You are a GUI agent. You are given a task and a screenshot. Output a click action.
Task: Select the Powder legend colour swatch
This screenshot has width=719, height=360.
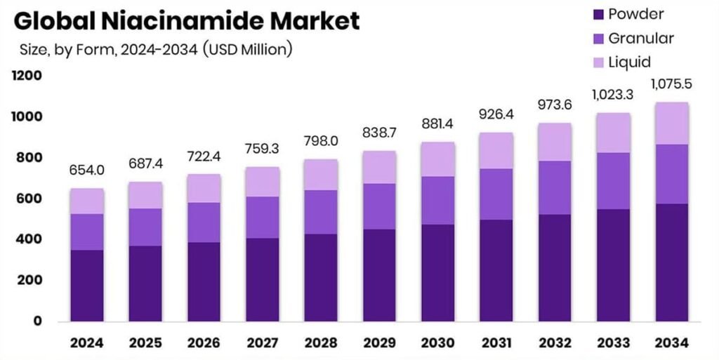pyautogui.click(x=598, y=15)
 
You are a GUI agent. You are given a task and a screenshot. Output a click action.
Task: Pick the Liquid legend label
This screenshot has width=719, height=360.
pyautogui.click(x=630, y=62)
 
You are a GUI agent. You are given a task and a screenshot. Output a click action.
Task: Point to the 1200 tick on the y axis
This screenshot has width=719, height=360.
pyautogui.click(x=27, y=76)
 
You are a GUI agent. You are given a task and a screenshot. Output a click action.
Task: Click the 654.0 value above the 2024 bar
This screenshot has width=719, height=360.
pyautogui.click(x=87, y=171)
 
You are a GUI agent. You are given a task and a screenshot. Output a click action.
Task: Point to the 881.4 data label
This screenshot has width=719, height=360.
pyautogui.click(x=437, y=124)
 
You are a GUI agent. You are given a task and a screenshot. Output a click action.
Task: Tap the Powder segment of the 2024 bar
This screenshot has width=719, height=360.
pyautogui.click(x=87, y=285)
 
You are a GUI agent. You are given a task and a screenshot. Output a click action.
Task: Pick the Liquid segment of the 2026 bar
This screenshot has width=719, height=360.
pyautogui.click(x=203, y=188)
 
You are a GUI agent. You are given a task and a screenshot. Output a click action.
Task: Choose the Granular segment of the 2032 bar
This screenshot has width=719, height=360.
pyautogui.click(x=553, y=187)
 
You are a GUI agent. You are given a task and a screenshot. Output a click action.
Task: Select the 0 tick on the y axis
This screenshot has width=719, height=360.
pyautogui.click(x=37, y=321)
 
